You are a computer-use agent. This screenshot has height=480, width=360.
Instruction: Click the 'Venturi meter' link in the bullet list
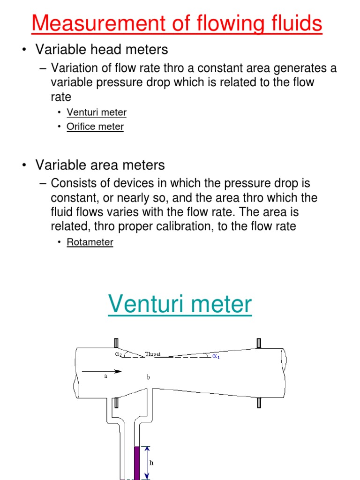click(x=97, y=112)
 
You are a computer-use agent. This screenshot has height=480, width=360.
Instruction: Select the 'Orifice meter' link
click(x=95, y=127)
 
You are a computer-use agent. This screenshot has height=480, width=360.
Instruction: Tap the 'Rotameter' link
click(x=90, y=242)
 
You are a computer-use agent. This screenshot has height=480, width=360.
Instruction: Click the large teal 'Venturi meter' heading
click(x=180, y=304)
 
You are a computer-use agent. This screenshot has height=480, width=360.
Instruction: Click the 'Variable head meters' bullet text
click(x=102, y=49)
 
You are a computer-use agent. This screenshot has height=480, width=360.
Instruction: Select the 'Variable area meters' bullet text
click(x=100, y=165)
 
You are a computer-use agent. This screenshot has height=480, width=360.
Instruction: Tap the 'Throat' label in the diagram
click(x=153, y=354)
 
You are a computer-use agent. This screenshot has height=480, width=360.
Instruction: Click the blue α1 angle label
click(x=216, y=356)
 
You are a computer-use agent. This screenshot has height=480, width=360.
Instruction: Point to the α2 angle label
click(x=119, y=354)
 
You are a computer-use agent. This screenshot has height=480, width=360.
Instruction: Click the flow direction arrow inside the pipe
click(x=102, y=371)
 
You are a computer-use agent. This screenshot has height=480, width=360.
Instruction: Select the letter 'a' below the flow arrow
click(x=105, y=376)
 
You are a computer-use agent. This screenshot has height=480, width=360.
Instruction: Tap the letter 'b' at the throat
click(x=148, y=377)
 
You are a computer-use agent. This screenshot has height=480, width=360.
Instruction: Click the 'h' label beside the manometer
click(x=151, y=463)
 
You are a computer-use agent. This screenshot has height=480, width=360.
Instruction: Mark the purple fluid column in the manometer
click(x=136, y=463)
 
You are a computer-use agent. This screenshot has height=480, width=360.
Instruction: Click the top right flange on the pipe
click(x=259, y=343)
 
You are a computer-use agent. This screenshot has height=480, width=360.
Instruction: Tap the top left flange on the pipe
click(x=116, y=343)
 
